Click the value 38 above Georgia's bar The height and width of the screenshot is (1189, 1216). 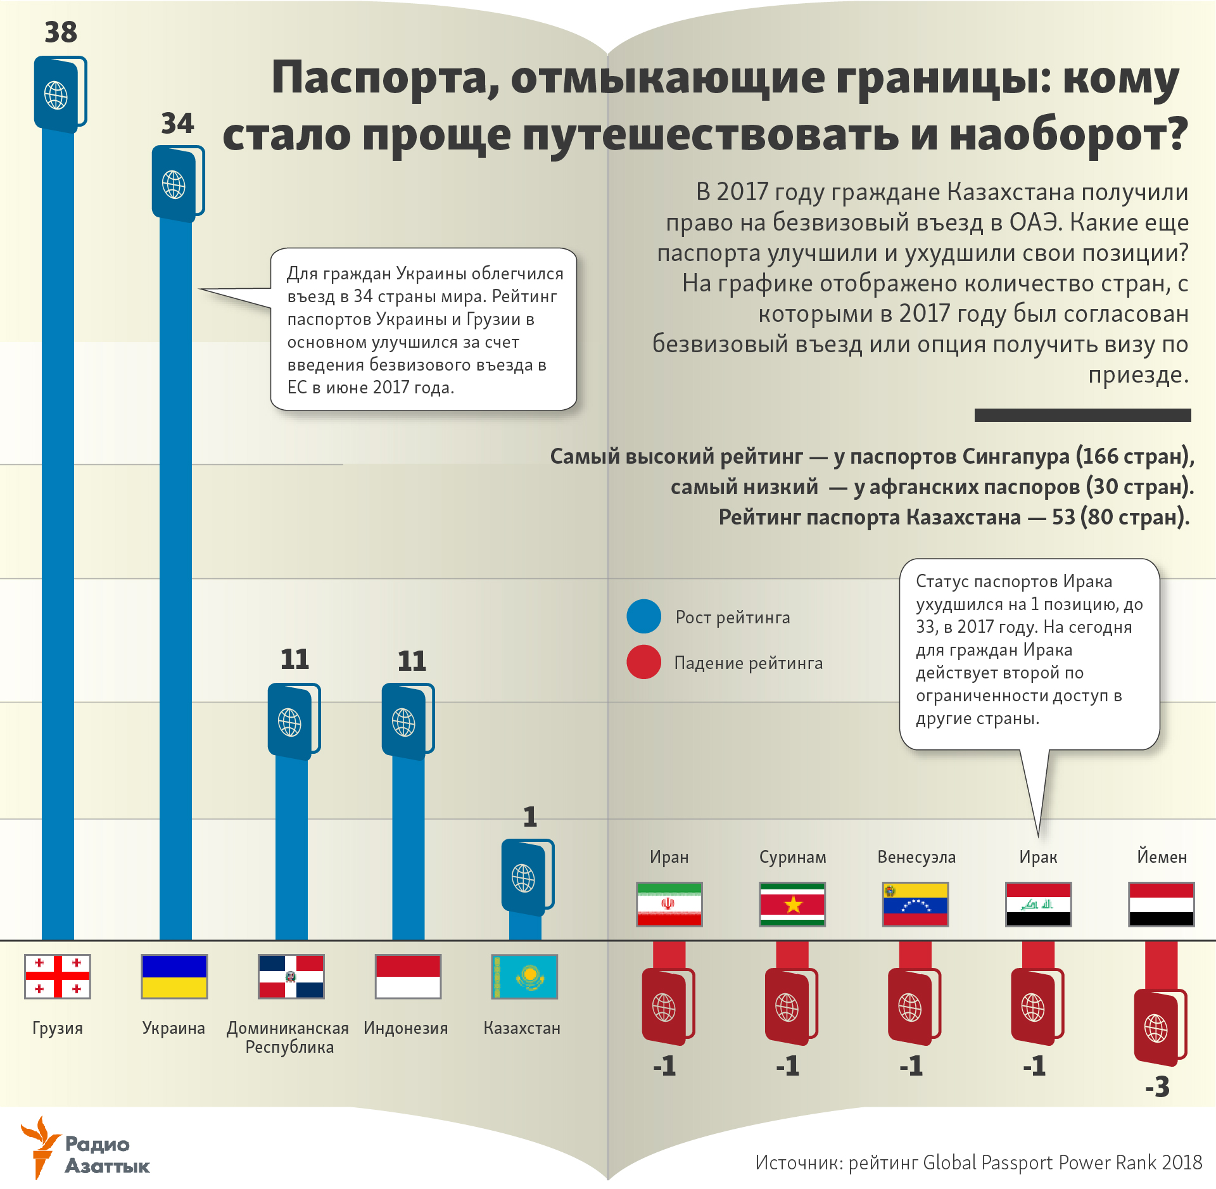tap(61, 32)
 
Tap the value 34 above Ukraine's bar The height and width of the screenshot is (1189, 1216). tap(177, 123)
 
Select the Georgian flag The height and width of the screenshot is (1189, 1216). tap(58, 976)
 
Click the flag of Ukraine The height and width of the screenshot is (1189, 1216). tap(174, 976)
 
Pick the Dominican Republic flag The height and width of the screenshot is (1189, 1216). tap(291, 976)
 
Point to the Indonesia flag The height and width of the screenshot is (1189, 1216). tap(408, 976)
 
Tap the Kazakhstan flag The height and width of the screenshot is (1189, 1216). tap(524, 976)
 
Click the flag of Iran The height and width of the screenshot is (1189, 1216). tap(669, 904)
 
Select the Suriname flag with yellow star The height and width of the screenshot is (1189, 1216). tap(792, 904)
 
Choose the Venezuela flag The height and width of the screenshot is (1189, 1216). tap(915, 904)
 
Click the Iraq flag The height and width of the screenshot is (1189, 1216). tap(1038, 904)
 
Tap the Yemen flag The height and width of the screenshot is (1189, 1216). tap(1161, 904)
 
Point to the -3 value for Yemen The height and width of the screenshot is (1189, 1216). tap(1157, 1087)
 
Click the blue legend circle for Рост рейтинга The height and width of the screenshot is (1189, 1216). tap(643, 616)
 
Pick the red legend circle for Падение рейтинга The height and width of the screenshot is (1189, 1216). tap(643, 662)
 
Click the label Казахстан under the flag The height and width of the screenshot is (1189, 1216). tap(522, 1027)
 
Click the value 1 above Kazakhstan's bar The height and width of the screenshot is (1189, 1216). tap(530, 817)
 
